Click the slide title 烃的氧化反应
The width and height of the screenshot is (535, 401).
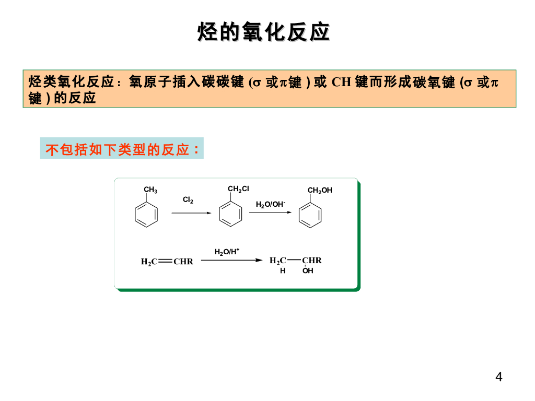pyautogui.click(x=264, y=32)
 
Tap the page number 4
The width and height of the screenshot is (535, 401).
pyautogui.click(x=499, y=377)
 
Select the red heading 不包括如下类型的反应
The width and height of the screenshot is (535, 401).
pyautogui.click(x=122, y=150)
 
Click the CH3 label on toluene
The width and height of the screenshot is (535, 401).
pyautogui.click(x=150, y=190)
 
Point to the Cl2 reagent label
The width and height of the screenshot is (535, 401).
pyautogui.click(x=188, y=200)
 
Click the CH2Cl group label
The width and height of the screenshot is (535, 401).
pyautogui.click(x=238, y=189)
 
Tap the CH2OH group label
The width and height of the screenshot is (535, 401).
pyautogui.click(x=320, y=191)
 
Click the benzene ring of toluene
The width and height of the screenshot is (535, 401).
pyautogui.click(x=146, y=215)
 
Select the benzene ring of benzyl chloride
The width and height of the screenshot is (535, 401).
pyautogui.click(x=230, y=215)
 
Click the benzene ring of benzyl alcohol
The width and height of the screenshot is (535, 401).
pyautogui.click(x=310, y=216)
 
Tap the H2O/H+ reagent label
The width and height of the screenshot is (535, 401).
pyautogui.click(x=227, y=252)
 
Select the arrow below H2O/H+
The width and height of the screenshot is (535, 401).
pyautogui.click(x=231, y=260)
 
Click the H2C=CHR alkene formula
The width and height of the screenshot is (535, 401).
pyautogui.click(x=167, y=262)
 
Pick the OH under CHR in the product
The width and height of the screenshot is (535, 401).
pyautogui.click(x=308, y=271)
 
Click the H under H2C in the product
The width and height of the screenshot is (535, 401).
pyautogui.click(x=283, y=271)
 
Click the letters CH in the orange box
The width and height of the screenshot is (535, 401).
pyautogui.click(x=341, y=82)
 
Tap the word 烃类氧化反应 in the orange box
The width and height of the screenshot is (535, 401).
pyautogui.click(x=71, y=82)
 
